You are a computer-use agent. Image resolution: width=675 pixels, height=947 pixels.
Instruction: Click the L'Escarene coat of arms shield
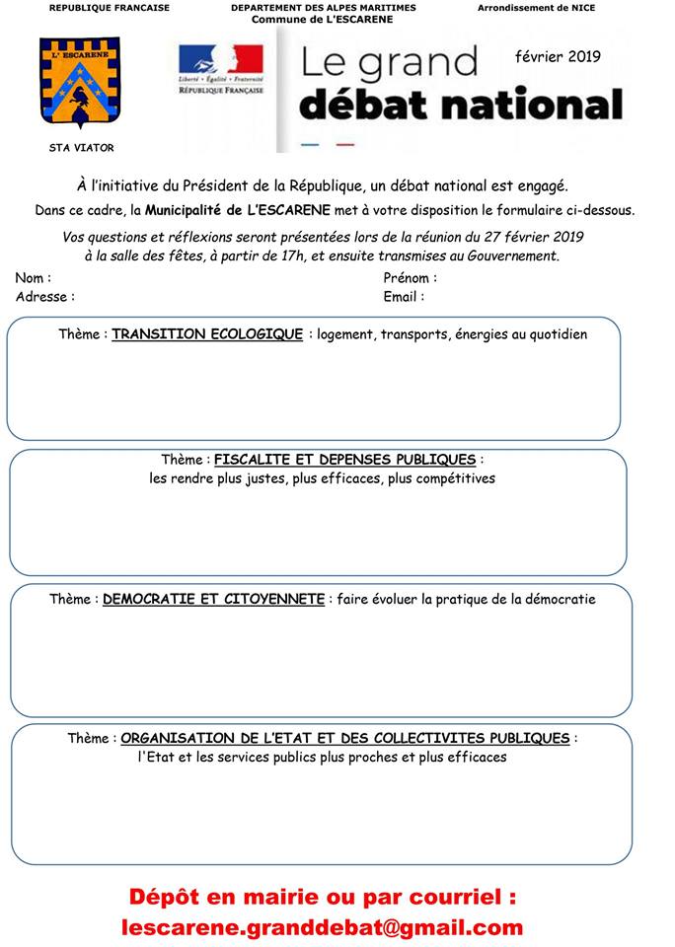[80, 83]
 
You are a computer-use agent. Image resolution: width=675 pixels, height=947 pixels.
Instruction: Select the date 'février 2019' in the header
[557, 56]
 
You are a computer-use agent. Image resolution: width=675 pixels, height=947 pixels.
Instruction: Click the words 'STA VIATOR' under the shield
[81, 148]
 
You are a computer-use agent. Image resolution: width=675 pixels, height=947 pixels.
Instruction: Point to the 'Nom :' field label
[34, 278]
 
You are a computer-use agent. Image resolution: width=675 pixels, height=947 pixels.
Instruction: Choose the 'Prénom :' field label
[410, 278]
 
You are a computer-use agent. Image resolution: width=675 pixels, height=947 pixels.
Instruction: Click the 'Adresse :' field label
[44, 296]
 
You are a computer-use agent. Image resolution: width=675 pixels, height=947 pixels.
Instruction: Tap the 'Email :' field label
[404, 296]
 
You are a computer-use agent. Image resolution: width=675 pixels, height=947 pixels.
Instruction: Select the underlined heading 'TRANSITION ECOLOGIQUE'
[207, 334]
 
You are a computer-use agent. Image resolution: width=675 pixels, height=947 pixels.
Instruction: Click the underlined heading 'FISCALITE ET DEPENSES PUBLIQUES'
[345, 460]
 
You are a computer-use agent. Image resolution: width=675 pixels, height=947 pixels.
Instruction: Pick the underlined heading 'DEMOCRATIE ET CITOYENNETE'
[213, 599]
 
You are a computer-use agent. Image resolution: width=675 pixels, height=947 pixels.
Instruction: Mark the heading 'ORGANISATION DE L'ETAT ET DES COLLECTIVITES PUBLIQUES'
[345, 738]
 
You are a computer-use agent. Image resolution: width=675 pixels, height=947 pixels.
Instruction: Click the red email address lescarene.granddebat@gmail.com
[323, 927]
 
